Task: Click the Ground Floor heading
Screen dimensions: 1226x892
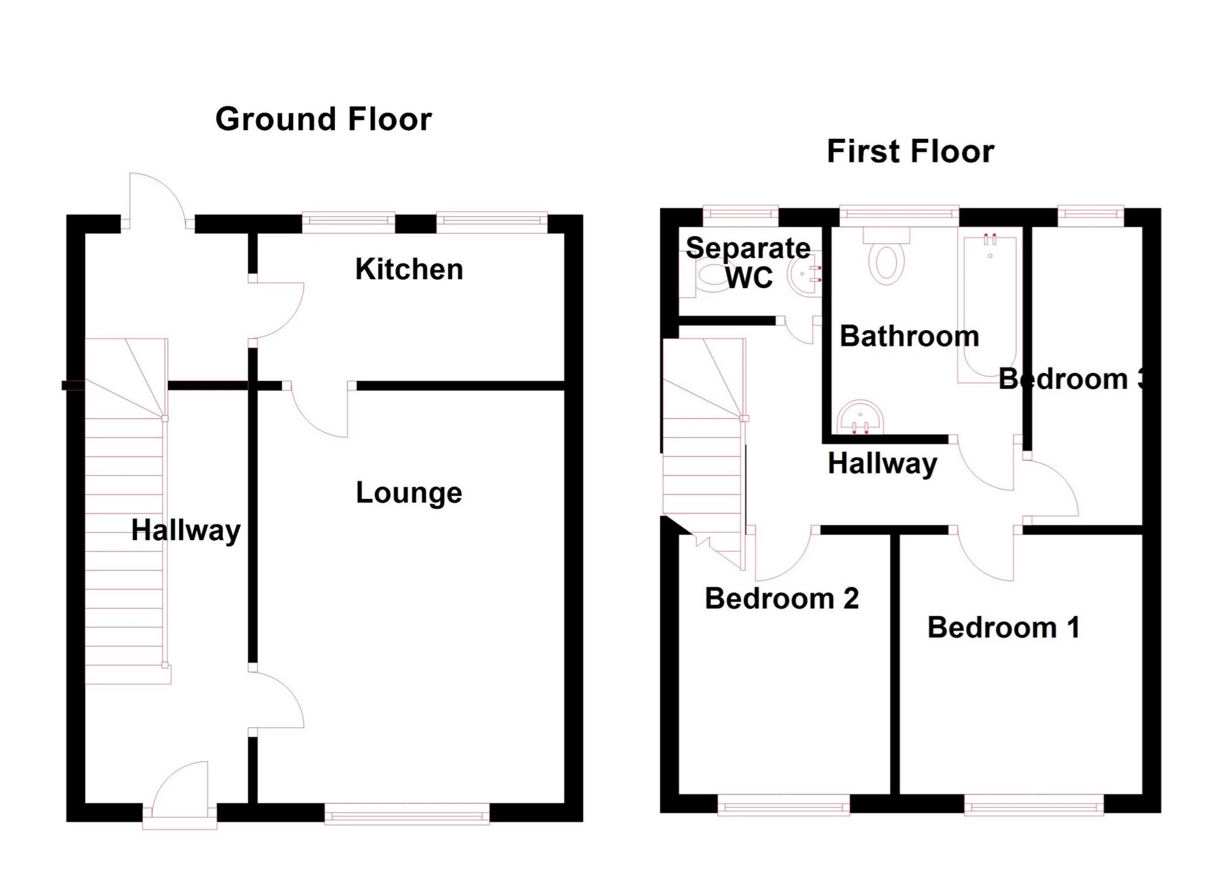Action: point(323,119)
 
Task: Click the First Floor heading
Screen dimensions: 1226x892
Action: point(910,151)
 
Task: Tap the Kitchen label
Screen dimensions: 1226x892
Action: point(409,269)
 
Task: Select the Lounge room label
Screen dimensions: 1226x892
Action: point(409,493)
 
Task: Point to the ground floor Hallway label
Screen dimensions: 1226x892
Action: point(186,530)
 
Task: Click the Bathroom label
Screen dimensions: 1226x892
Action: point(909,336)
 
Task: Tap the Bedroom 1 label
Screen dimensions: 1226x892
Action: point(1004,627)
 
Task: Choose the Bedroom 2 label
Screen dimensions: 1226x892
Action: point(782,599)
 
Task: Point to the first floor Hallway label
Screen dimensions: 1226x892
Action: point(883,464)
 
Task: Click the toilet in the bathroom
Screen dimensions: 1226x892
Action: point(886,257)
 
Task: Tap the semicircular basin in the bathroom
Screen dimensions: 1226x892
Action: point(860,418)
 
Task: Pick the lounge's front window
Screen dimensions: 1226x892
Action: point(407,813)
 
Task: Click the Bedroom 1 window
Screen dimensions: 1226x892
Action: point(1033,804)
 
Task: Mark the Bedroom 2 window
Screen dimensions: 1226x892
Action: point(783,804)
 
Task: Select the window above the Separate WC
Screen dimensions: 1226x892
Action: point(740,216)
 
